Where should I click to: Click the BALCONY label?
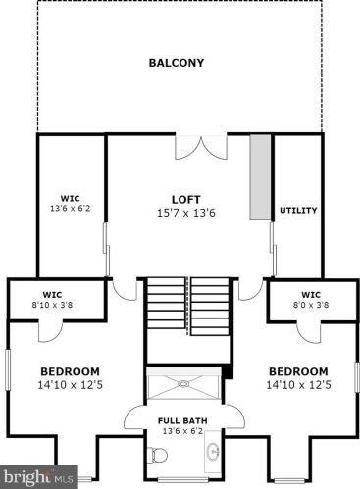tap(177, 63)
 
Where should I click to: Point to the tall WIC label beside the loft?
tap(71, 198)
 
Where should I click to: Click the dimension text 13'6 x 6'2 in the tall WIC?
tap(71, 208)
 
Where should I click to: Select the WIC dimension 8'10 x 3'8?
tap(52, 304)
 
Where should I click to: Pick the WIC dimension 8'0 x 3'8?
tap(311, 304)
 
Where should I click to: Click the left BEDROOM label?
tap(70, 371)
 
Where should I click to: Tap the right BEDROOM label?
tap(297, 371)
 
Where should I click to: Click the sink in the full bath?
tap(214, 453)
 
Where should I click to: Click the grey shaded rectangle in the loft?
tap(260, 177)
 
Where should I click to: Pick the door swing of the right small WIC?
tap(310, 329)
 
